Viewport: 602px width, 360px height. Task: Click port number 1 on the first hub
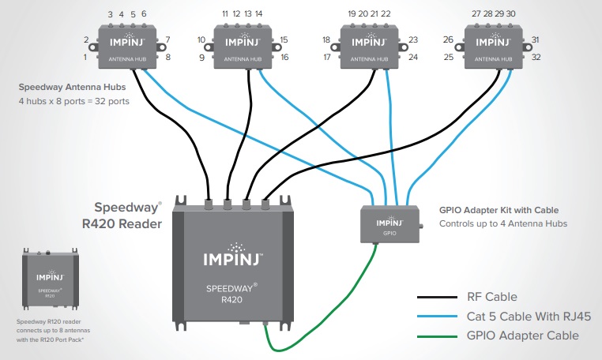point(85,58)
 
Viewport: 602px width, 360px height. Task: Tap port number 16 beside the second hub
point(284,58)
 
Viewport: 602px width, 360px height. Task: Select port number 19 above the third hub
point(352,14)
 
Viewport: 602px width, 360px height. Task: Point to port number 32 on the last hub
point(535,58)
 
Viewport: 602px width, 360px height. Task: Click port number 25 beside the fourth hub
point(448,58)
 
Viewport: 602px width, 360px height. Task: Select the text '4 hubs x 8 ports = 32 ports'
point(74,102)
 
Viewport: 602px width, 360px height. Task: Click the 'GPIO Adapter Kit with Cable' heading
point(499,210)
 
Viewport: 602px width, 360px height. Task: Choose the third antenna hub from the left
point(371,45)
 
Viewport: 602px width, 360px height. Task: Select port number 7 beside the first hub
point(167,39)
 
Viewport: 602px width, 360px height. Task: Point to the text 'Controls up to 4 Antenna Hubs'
point(502,223)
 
